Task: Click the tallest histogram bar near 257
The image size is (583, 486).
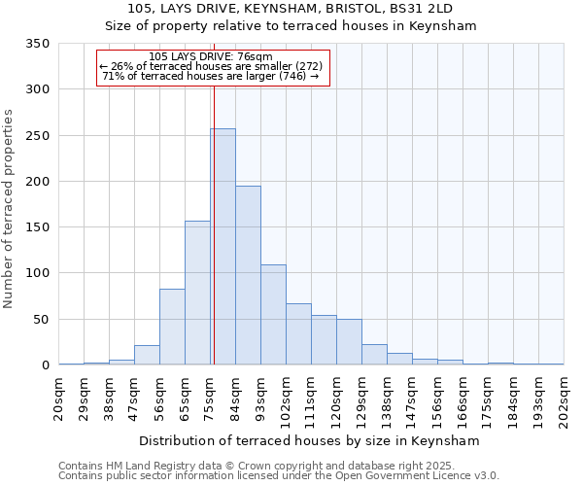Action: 223,247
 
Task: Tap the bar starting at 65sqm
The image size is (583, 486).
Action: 197,293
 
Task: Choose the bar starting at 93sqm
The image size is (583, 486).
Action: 273,315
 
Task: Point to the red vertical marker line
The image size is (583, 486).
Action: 213,214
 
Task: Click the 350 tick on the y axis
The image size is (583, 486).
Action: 37,45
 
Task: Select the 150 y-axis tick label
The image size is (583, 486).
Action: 37,227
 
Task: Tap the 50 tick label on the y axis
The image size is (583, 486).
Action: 41,320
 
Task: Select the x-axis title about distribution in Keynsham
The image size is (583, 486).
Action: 310,440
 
